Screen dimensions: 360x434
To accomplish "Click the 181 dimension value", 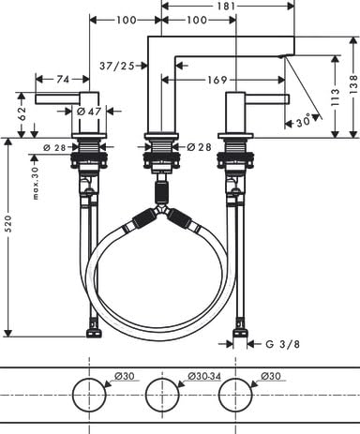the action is pyautogui.click(x=226, y=6).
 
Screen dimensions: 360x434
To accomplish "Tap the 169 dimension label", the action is pyautogui.click(x=217, y=80).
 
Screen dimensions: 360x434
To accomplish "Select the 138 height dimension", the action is pyautogui.click(x=353, y=84).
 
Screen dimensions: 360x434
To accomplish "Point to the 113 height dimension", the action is pyautogui.click(x=335, y=97).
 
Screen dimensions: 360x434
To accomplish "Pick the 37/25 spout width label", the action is pyautogui.click(x=117, y=66).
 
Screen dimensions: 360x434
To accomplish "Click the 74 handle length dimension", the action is pyautogui.click(x=63, y=80).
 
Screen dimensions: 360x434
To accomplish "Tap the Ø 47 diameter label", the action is pyautogui.click(x=89, y=111).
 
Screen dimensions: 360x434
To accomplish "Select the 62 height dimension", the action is pyautogui.click(x=22, y=113).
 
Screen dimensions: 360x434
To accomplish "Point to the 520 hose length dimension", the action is pyautogui.click(x=8, y=224).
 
